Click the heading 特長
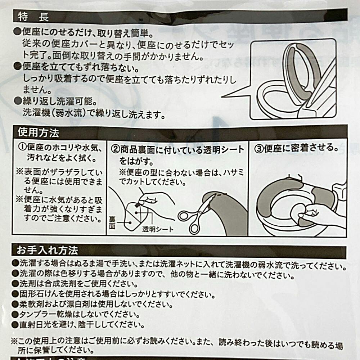coord(33,17)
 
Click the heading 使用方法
coord(39,132)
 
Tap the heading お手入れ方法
coord(47,250)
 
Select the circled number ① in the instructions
coord(22,147)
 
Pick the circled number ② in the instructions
coord(115,149)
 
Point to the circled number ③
coord(259,148)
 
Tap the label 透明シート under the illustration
coord(158,229)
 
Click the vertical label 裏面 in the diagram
coord(112,223)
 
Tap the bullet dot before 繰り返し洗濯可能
coord(17,101)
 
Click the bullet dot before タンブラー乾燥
coord(15,314)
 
